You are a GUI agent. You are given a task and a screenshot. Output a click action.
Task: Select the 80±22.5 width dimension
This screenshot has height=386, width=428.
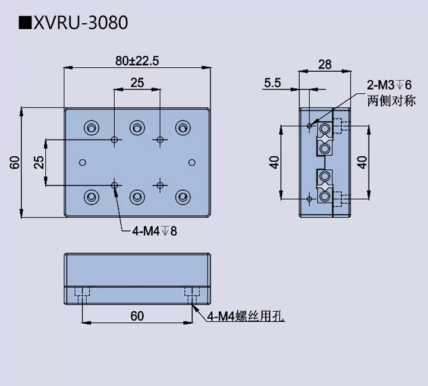click(x=138, y=61)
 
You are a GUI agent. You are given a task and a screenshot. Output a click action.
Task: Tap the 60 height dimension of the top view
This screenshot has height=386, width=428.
click(x=14, y=162)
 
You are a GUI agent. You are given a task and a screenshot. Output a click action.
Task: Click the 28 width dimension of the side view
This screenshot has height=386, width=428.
click(x=325, y=65)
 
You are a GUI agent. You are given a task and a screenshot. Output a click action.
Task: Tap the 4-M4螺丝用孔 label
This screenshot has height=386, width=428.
click(x=246, y=317)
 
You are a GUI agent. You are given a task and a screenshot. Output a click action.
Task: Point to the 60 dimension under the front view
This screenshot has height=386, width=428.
click(x=137, y=316)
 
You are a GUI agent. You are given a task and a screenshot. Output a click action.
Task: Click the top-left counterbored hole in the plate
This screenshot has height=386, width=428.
click(x=92, y=127)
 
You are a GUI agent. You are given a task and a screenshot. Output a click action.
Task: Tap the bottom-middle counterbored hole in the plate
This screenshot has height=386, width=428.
click(x=137, y=197)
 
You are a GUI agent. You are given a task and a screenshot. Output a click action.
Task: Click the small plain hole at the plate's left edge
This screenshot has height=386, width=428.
click(x=83, y=162)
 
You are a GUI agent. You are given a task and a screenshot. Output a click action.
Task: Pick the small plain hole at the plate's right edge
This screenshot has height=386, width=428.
click(x=191, y=162)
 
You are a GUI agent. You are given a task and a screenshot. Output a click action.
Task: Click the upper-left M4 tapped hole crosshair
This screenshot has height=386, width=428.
click(x=115, y=140)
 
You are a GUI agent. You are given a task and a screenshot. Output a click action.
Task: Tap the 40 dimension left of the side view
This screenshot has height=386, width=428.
click(x=274, y=162)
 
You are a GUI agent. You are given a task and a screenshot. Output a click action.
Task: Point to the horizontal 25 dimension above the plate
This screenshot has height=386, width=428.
click(x=137, y=84)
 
